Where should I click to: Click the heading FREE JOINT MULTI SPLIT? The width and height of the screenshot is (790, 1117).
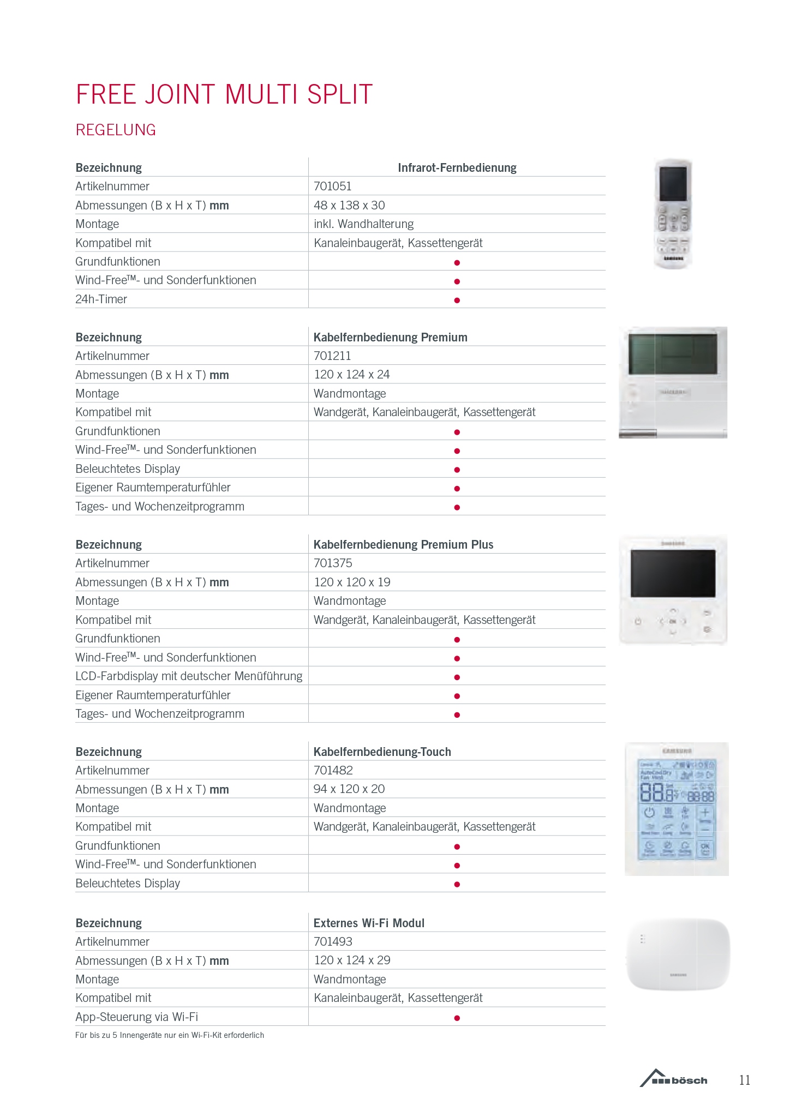(x=224, y=94)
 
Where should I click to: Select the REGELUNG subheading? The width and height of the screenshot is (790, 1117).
(x=116, y=130)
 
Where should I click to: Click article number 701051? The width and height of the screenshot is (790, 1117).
(x=332, y=186)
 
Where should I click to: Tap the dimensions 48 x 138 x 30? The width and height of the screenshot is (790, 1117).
(x=349, y=205)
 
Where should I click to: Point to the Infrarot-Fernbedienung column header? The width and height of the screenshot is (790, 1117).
(x=457, y=167)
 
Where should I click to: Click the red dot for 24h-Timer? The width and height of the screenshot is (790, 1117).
(x=457, y=300)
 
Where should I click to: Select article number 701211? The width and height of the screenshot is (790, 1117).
(x=332, y=356)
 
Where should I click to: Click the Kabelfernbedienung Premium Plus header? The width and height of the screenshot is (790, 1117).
(x=403, y=544)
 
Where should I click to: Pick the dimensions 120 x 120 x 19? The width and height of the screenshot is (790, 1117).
(x=352, y=582)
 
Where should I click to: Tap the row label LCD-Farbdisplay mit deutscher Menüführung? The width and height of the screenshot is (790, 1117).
(x=189, y=676)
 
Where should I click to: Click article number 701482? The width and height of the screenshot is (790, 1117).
(x=333, y=770)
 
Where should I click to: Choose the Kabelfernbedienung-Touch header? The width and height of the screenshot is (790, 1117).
(x=382, y=752)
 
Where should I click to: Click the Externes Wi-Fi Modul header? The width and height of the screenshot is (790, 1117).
(x=369, y=923)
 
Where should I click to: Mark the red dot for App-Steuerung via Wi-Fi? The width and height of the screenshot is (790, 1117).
(x=457, y=1018)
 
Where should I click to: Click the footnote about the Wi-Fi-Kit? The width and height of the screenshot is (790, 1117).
(x=170, y=1035)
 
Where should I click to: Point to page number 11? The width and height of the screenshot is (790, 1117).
(x=745, y=1080)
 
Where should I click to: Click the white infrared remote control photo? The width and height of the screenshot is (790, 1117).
(x=673, y=214)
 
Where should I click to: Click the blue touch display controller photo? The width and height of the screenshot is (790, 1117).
(x=677, y=808)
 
